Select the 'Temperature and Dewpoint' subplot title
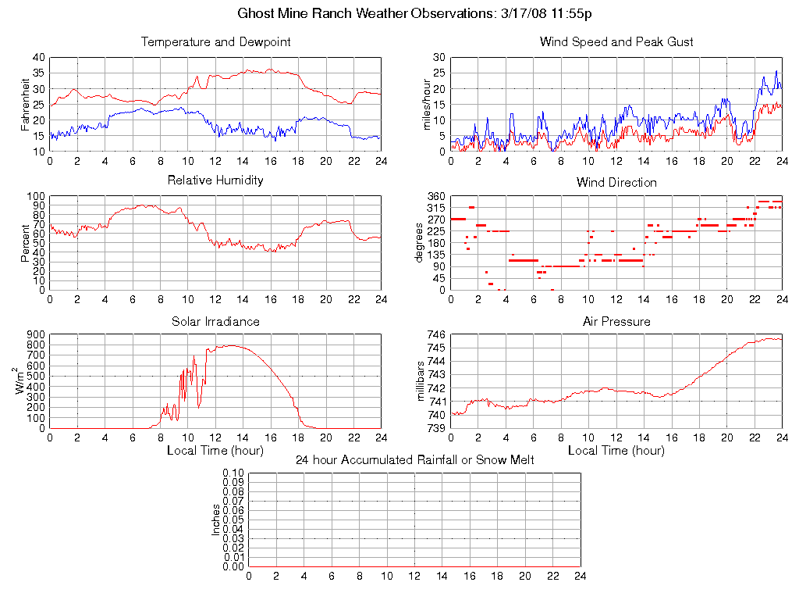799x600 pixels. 215,42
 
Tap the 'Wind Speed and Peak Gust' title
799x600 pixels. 616,42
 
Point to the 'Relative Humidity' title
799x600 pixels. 215,180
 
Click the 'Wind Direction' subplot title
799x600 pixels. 616,182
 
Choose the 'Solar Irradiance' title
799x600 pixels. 215,322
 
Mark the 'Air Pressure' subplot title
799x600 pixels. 616,322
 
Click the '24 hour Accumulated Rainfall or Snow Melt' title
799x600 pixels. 414,460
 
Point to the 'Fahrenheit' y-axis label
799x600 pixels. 26,104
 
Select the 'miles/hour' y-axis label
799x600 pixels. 427,104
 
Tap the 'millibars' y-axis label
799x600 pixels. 421,382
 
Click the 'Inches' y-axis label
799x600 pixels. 216,520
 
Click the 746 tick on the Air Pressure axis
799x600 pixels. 436,334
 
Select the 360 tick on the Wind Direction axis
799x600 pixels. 436,196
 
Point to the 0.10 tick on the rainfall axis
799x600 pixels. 233,473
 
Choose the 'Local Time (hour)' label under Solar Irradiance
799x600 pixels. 215,451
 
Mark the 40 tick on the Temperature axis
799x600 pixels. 38,57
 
